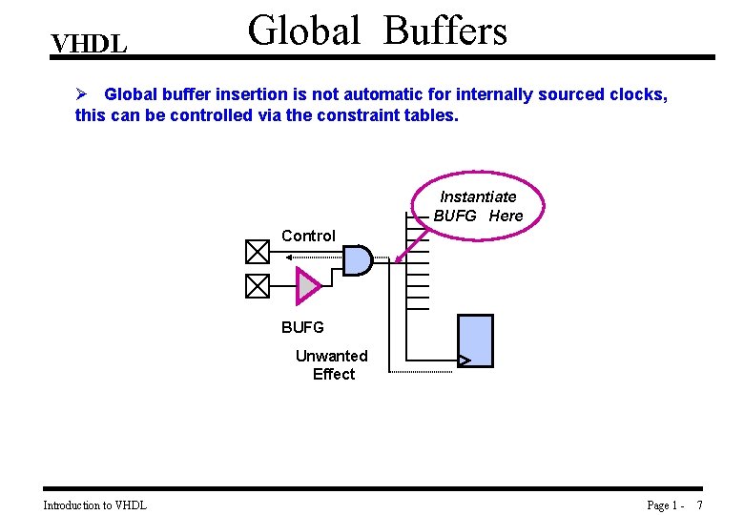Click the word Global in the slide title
(x=304, y=31)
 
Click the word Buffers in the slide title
(x=445, y=31)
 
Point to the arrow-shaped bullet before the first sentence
(x=82, y=94)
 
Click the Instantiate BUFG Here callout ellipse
(x=479, y=206)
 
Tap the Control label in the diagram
(x=308, y=236)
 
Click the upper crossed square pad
(x=258, y=252)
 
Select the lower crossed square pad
(x=258, y=285)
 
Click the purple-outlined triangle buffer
(x=308, y=284)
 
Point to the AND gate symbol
(x=357, y=259)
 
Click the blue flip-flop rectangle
(x=476, y=340)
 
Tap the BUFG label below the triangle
(x=302, y=327)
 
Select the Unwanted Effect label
(x=332, y=364)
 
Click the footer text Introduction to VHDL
(x=94, y=505)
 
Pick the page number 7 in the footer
(x=699, y=505)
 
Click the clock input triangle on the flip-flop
(x=465, y=360)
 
